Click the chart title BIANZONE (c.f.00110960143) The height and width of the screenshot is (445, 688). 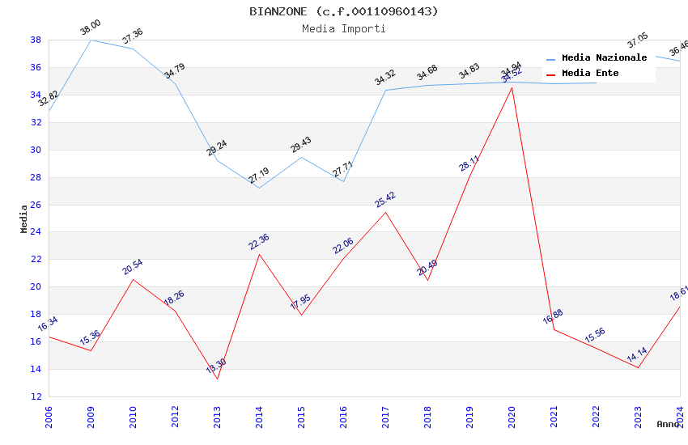344,11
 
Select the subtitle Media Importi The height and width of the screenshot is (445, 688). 344,28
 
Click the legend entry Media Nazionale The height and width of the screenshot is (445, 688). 604,57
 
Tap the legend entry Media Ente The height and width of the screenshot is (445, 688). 590,73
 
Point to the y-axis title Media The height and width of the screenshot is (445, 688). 24,218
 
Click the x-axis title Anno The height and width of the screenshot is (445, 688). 668,424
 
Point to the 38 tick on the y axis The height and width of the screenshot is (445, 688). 36,40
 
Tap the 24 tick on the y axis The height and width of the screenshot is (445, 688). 36,232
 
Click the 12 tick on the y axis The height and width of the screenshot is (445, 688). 36,396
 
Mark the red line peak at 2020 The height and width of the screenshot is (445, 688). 512,87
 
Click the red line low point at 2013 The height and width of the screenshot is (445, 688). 217,379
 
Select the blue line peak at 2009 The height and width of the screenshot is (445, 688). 91,40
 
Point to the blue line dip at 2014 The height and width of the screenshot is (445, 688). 259,189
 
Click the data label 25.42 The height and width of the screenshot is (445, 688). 385,200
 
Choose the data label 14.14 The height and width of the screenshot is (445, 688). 636,355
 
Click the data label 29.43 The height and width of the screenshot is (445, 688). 300,145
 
